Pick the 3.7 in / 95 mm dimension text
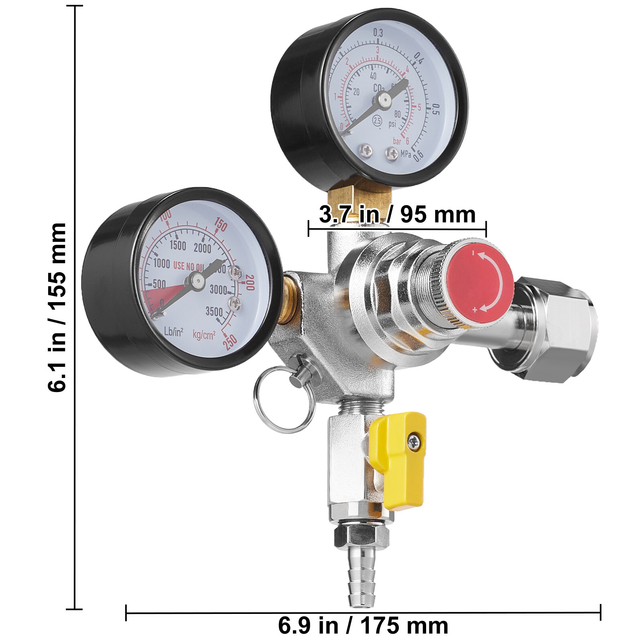point(397,214)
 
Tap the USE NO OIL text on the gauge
point(189,266)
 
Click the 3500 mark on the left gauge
point(214,311)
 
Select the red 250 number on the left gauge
point(231,341)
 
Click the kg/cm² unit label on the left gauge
point(204,334)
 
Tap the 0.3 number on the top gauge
point(378,33)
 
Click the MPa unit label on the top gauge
point(406,154)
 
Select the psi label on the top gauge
point(392,124)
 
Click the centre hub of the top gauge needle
point(384,99)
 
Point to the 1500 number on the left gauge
point(178,245)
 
